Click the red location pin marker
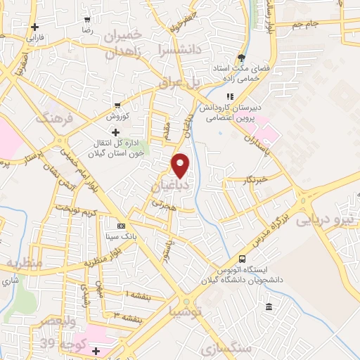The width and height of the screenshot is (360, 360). click(181, 165)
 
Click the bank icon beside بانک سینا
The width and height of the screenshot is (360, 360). click(121, 226)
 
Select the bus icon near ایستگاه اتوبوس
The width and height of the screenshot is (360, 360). click(243, 259)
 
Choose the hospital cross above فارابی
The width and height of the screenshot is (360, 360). click(34, 27)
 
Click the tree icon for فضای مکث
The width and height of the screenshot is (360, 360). click(241, 58)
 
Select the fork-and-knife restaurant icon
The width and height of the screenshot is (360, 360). click(229, 96)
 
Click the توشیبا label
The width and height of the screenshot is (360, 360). click(186, 310)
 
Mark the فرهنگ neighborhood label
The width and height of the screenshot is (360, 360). click(57, 117)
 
